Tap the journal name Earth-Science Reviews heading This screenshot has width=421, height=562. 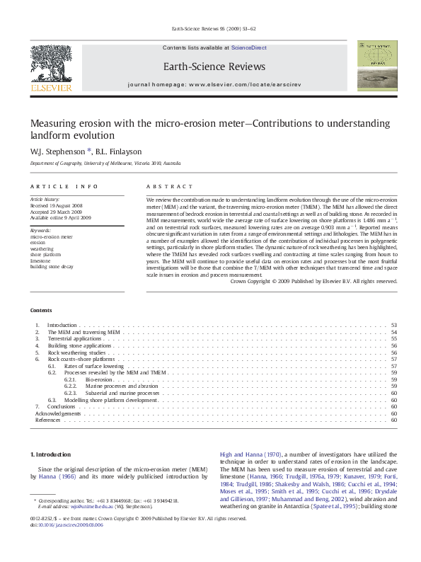tap(214, 67)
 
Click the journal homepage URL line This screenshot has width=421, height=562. tap(214, 84)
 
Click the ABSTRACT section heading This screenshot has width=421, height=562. tap(169, 186)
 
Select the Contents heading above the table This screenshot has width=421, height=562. tap(41, 311)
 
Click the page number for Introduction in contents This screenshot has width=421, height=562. tap(393, 325)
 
